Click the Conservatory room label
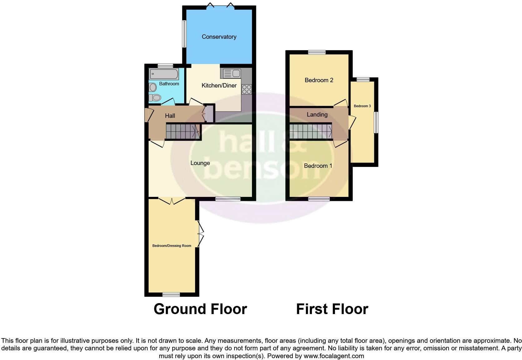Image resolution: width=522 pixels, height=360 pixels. point(219,37)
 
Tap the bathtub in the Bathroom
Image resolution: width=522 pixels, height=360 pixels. point(164,74)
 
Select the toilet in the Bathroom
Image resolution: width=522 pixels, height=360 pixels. point(154,98)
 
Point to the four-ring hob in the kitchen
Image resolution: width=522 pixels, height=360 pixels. point(246,89)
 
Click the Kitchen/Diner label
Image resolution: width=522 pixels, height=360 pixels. point(219,85)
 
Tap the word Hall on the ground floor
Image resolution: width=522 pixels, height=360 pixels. point(170,116)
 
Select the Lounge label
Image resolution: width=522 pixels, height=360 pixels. point(200,163)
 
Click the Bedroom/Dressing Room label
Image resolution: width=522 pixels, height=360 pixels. point(172,246)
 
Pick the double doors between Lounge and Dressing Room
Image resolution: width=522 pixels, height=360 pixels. point(172,201)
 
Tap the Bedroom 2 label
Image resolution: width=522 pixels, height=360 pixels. point(319,80)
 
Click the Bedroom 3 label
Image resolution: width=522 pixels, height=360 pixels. point(362,106)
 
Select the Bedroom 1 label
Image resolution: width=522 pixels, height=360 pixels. point(318,166)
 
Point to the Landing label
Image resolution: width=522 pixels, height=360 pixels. point(317,115)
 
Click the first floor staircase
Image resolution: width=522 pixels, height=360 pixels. point(310,132)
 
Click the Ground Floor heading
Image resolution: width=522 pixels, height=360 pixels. point(200,309)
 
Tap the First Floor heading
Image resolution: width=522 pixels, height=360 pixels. point(332,309)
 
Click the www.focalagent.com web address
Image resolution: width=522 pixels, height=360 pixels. point(334,356)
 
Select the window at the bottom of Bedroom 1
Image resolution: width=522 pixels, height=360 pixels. point(319,199)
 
